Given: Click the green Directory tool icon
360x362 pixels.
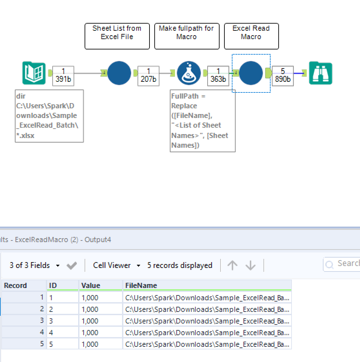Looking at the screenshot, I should pos(34,73).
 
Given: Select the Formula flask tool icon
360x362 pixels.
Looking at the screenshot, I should pos(189,73).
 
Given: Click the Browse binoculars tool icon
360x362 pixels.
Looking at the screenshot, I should pos(320,73).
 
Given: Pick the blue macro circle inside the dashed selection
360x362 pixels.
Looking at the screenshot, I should pos(251,73).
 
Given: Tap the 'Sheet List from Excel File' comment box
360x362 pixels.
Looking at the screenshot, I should pos(117,36).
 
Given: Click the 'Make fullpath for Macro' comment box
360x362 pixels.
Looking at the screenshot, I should pos(187,36).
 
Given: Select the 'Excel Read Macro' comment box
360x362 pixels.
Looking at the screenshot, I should pos(251,36).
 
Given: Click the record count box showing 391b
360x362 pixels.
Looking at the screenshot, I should pos(63,76).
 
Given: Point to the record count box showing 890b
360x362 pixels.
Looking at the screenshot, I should pos(283,76).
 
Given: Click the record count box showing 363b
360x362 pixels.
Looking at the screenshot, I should pos(218,76).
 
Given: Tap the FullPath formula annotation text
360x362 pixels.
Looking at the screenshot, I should pos(202,121).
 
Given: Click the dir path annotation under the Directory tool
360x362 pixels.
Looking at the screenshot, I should pos(49,116).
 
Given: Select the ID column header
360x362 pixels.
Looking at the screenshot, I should pos(62,285).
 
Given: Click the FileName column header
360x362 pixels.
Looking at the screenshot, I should pos(207,285).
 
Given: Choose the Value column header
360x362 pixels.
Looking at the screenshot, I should pos(100,285).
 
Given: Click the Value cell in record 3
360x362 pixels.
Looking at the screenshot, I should pos(100,321).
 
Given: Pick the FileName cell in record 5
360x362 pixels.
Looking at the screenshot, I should pos(207,344).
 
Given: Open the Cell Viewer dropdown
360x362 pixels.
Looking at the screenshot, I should pos(117,265).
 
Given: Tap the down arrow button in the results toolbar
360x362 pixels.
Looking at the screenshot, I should pos(251,265).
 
